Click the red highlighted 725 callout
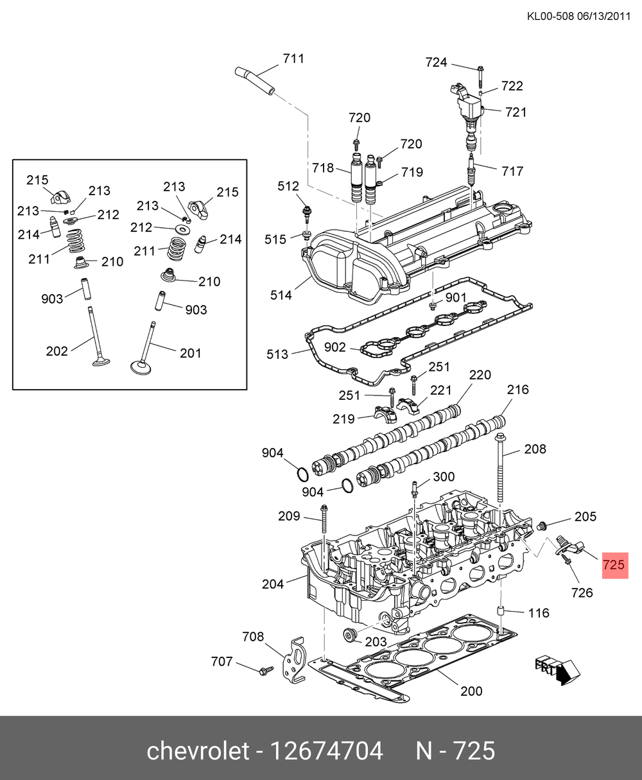pyautogui.click(x=615, y=565)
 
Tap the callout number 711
pyautogui.click(x=293, y=58)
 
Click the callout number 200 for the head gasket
pyautogui.click(x=471, y=691)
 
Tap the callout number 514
pyautogui.click(x=281, y=295)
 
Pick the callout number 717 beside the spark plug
pyautogui.click(x=512, y=171)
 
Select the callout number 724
pyautogui.click(x=436, y=62)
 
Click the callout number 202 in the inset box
pyautogui.click(x=56, y=351)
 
